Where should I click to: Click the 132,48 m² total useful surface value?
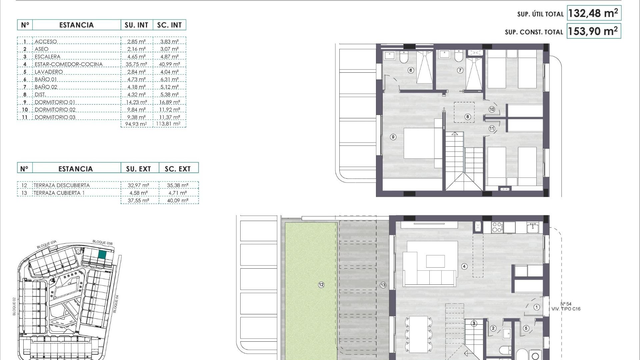point(593,13)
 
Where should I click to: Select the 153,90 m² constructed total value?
point(593,31)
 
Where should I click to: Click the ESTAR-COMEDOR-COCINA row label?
point(68,64)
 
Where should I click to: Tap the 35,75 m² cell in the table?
point(136,64)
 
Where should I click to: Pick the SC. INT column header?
point(169,25)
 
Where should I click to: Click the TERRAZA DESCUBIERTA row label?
point(62,185)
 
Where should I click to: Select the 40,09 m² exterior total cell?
point(178,201)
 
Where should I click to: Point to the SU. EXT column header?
point(138,169)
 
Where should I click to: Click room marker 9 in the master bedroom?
point(393,137)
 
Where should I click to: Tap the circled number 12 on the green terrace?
point(321,285)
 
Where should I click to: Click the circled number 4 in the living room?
point(464,266)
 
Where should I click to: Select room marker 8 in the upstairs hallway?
point(468,117)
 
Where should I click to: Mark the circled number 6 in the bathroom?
point(411,70)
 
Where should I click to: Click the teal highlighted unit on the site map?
point(102,255)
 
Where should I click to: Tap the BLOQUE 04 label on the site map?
point(116,304)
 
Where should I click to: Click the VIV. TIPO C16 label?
point(566,309)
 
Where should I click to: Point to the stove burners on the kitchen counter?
point(497,227)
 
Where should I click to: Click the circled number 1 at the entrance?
point(537,307)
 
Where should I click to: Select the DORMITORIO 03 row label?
point(55,117)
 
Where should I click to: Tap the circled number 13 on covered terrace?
point(383,285)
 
